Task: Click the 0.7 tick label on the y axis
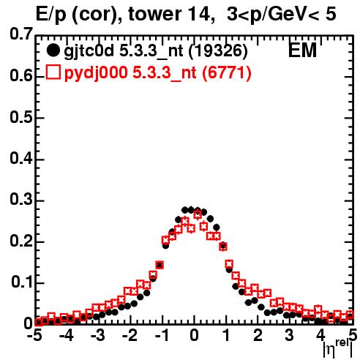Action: (x=21, y=34)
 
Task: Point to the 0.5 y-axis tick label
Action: (x=21, y=117)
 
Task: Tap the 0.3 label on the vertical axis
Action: (x=21, y=200)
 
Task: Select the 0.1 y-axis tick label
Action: (x=21, y=282)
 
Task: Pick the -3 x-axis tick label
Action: (x=98, y=336)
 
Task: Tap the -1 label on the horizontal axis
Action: (x=161, y=336)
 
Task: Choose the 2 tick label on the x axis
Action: (x=258, y=336)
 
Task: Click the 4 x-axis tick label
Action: (x=320, y=336)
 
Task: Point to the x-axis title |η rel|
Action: (x=338, y=349)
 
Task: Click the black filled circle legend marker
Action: (x=53, y=50)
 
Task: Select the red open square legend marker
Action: (x=53, y=72)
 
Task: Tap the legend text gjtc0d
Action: (x=89, y=52)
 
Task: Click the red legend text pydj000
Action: (x=96, y=73)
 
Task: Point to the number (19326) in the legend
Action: (x=218, y=51)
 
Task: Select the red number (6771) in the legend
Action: (x=227, y=72)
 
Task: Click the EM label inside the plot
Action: (x=302, y=50)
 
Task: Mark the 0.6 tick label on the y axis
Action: (x=21, y=76)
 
